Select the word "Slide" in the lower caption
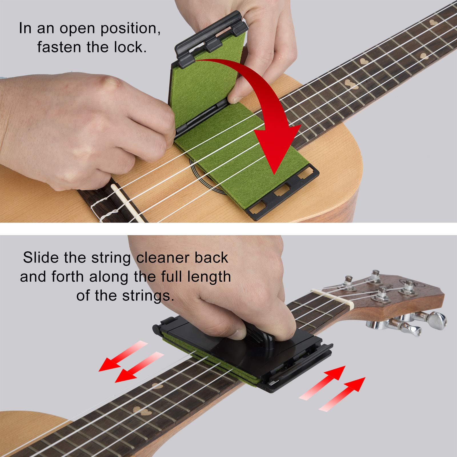click(41, 258)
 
